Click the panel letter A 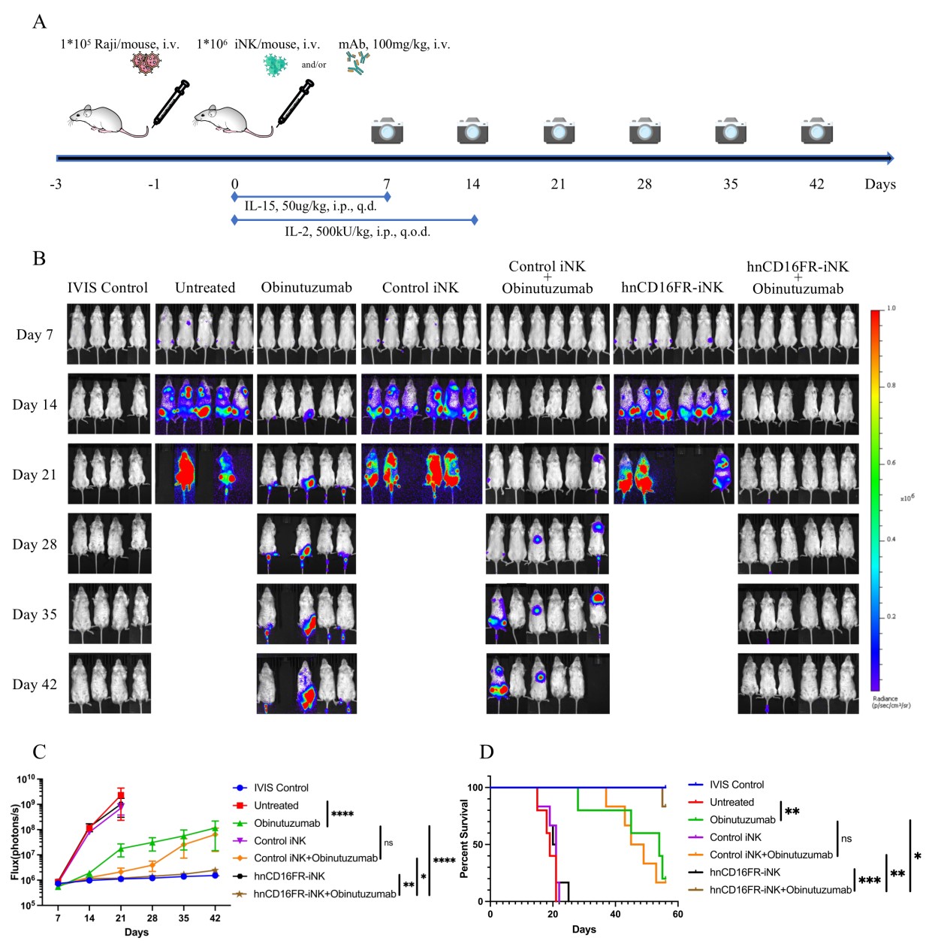tap(39, 21)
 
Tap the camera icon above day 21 tap(559, 131)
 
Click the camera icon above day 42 tap(816, 131)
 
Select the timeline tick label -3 tap(56, 184)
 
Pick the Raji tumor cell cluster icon tap(146, 63)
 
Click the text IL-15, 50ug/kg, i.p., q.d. tap(310, 206)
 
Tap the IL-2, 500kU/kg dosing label tap(357, 231)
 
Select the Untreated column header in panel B tap(205, 288)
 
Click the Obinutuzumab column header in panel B tap(306, 288)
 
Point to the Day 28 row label tap(35, 544)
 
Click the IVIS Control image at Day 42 tap(110, 683)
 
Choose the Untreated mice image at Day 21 tap(204, 473)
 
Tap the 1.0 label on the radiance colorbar tap(891, 308)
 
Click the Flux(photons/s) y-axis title tap(15, 842)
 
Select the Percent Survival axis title tap(464, 838)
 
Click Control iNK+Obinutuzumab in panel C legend tap(315, 858)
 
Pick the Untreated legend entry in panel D tap(731, 802)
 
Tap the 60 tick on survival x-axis tap(677, 914)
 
